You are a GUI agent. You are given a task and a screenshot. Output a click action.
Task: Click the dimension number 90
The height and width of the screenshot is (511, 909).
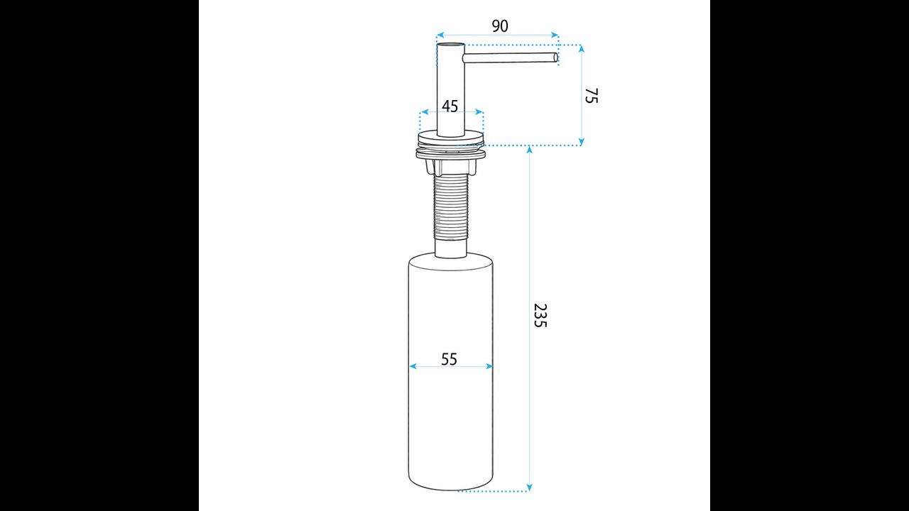(x=499, y=26)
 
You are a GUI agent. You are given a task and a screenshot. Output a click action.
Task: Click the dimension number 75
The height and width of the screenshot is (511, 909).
(x=592, y=96)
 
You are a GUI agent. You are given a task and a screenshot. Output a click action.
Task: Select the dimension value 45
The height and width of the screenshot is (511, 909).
(x=450, y=106)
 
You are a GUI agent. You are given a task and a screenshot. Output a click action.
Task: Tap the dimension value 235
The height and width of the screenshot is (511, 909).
(x=540, y=315)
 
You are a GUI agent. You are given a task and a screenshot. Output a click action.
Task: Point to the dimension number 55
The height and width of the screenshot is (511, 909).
(x=449, y=359)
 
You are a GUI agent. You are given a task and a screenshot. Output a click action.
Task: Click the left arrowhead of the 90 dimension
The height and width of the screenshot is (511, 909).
(x=440, y=35)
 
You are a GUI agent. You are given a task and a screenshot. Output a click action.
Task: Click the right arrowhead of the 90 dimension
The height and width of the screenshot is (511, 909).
(x=555, y=35)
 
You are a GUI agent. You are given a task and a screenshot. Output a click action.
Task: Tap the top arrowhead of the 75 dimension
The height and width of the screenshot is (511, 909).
(x=582, y=49)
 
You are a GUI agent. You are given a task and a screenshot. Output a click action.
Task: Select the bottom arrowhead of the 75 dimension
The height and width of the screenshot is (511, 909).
(x=582, y=141)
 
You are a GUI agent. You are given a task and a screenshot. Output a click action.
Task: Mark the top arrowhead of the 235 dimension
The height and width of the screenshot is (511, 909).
(x=529, y=150)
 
